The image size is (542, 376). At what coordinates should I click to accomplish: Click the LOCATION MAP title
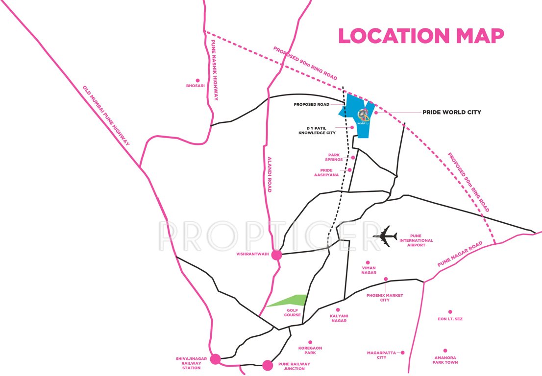click(421, 36)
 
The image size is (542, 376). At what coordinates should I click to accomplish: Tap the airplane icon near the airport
click(385, 236)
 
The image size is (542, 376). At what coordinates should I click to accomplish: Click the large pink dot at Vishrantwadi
click(277, 255)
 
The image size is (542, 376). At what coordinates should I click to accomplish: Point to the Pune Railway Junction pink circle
click(268, 365)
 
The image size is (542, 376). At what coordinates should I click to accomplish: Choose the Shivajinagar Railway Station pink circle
click(215, 359)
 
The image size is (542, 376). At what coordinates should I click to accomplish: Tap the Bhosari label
click(195, 86)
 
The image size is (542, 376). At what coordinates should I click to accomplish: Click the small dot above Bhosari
click(198, 80)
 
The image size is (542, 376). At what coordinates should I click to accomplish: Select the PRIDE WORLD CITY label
click(452, 112)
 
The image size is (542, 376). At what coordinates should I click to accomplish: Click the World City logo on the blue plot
click(363, 116)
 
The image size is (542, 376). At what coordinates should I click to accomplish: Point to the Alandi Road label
click(269, 174)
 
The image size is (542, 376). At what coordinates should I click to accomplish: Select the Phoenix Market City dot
click(386, 279)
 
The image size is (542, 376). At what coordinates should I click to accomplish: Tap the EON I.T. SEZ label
click(449, 319)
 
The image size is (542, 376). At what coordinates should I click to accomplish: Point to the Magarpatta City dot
click(402, 352)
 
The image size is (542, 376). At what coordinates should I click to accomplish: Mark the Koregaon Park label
click(310, 351)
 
